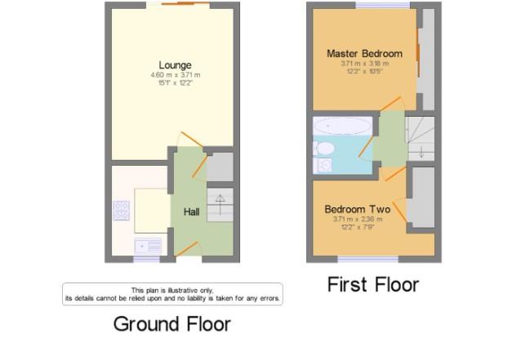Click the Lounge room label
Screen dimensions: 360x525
(176, 64)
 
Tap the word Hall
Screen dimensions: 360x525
(191, 212)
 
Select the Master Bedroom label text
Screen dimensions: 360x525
(364, 54)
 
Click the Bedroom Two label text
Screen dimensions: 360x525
(357, 209)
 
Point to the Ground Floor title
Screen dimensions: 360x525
(171, 324)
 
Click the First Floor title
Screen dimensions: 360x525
(372, 284)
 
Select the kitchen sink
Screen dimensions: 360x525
(149, 244)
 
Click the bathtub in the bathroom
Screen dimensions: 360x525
(342, 127)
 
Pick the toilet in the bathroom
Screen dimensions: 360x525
(325, 148)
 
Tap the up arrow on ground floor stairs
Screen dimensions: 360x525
(220, 202)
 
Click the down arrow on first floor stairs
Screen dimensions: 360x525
(421, 152)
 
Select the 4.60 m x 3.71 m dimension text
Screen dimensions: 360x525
(175, 76)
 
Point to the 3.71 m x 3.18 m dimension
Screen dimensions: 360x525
(364, 64)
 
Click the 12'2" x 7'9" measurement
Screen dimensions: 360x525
(357, 228)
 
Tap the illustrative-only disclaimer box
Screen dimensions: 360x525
(172, 294)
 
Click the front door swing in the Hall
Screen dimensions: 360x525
(189, 249)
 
